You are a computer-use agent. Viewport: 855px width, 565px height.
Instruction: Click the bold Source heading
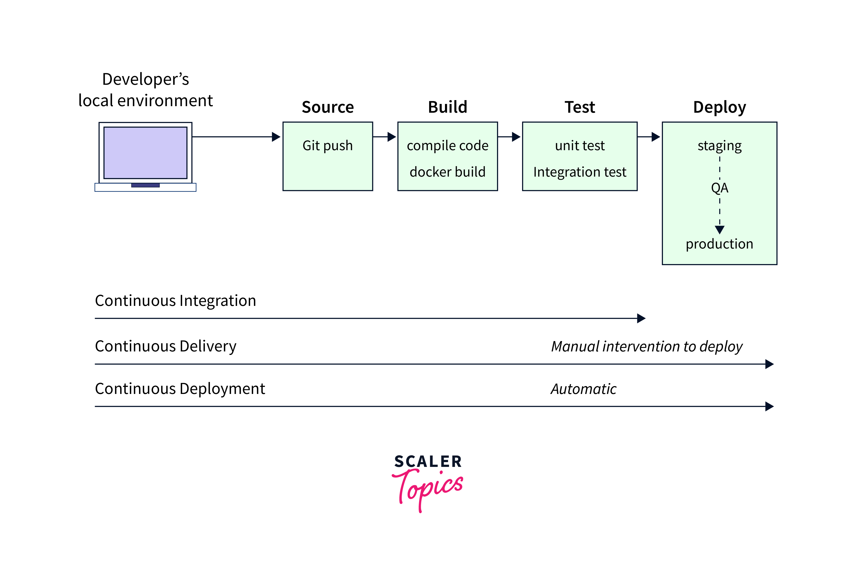click(x=328, y=107)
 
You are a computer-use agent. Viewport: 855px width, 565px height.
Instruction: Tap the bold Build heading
click(x=447, y=107)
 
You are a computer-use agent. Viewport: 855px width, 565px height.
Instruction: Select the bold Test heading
click(x=580, y=107)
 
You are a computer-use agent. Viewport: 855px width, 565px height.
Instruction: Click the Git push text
click(x=328, y=146)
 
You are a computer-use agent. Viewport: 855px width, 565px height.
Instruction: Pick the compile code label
click(x=447, y=146)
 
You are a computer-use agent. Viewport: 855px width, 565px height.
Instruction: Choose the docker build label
click(x=447, y=172)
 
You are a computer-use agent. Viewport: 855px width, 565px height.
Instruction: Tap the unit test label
click(x=580, y=146)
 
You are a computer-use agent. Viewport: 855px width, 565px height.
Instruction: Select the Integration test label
click(x=580, y=172)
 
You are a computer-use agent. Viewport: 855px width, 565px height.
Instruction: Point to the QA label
click(x=719, y=188)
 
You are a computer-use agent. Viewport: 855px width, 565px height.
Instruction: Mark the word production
click(x=719, y=244)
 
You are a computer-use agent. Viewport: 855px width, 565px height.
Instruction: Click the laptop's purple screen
click(x=146, y=152)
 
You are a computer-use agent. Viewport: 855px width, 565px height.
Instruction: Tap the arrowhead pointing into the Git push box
click(x=276, y=137)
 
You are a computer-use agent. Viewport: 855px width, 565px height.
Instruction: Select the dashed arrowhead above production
click(x=719, y=229)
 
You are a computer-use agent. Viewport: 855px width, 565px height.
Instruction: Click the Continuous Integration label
click(x=175, y=301)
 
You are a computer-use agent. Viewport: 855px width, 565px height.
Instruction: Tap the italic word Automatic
click(x=583, y=389)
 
